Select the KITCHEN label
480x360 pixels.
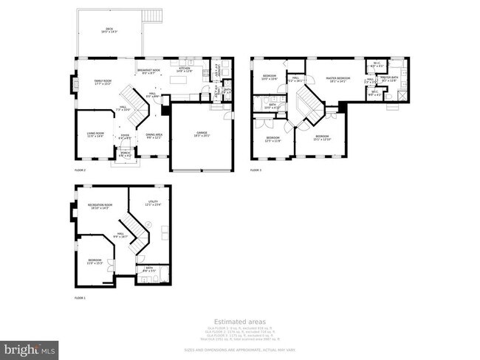[185, 69]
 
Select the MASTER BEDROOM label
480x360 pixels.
[340, 79]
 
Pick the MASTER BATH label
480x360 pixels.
[389, 79]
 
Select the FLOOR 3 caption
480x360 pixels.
[256, 170]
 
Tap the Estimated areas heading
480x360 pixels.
[239, 321]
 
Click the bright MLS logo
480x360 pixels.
[30, 347]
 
